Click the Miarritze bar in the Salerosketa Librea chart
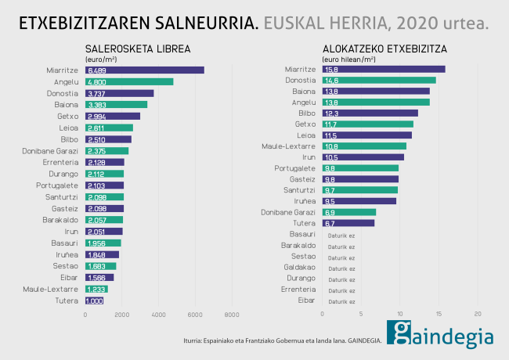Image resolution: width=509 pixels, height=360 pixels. coord(144,70)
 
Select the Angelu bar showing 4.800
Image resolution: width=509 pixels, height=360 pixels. coord(128,81)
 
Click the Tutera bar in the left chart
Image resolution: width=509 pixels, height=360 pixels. coord(94,301)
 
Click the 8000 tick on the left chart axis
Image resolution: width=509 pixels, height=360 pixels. coord(231,315)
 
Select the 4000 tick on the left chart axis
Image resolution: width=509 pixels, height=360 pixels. coord(158,315)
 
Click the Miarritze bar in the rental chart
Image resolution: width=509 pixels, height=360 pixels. coord(383,70)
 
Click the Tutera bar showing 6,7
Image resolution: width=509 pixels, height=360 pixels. coord(348,223)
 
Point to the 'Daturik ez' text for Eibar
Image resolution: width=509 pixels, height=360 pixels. coord(341,301)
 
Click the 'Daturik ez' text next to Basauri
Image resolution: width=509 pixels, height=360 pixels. coord(341,235)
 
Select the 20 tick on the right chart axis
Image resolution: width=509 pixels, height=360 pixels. coord(478,315)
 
